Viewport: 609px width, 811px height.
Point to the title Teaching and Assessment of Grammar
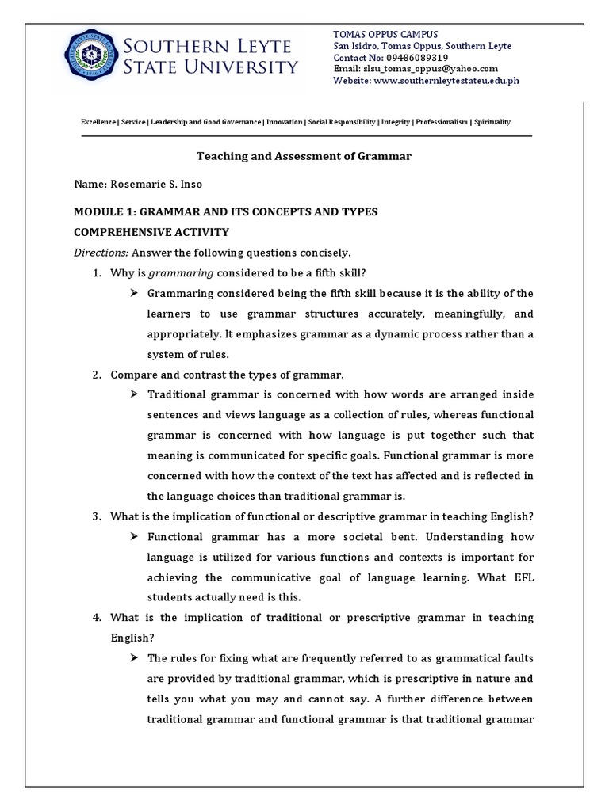pyautogui.click(x=304, y=156)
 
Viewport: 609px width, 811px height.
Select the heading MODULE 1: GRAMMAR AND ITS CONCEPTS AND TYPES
pyautogui.click(x=225, y=211)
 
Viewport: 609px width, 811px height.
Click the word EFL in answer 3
pyautogui.click(x=523, y=578)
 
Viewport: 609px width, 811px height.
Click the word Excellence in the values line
pyautogui.click(x=98, y=122)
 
